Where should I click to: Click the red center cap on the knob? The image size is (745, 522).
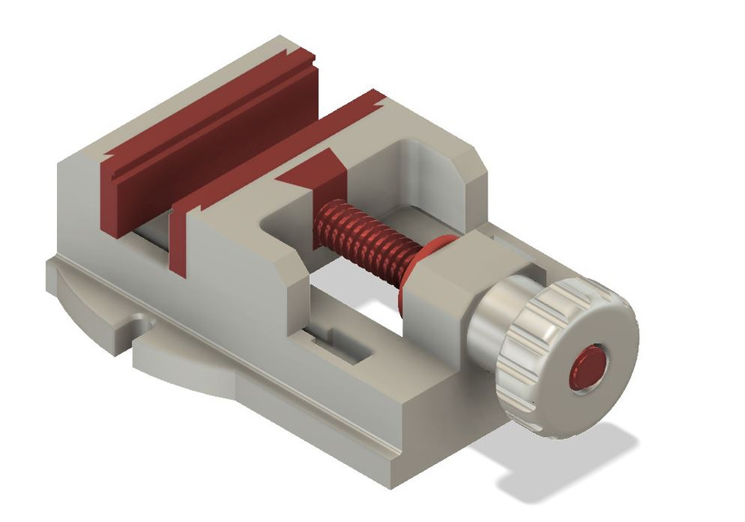[589, 368]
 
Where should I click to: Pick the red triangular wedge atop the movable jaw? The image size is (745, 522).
[314, 171]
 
